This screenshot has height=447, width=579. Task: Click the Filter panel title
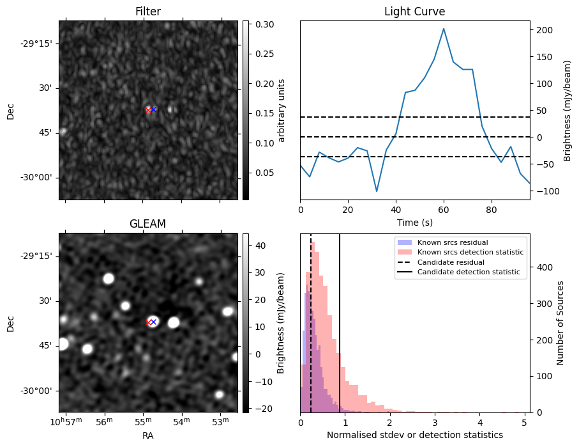[148, 12]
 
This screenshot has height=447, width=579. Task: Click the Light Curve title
[414, 12]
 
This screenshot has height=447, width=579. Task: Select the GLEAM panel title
[148, 224]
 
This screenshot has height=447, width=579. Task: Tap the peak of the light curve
[444, 29]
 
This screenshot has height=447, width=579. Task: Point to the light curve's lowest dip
[377, 191]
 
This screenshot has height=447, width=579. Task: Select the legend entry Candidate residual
[451, 262]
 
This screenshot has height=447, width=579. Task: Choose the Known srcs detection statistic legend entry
[470, 253]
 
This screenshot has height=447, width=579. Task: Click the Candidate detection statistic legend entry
[468, 272]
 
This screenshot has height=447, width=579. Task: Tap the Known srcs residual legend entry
[453, 242]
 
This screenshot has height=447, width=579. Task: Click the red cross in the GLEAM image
[148, 323]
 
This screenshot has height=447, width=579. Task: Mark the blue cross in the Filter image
[154, 110]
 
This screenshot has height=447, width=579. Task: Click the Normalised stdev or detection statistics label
[414, 435]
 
